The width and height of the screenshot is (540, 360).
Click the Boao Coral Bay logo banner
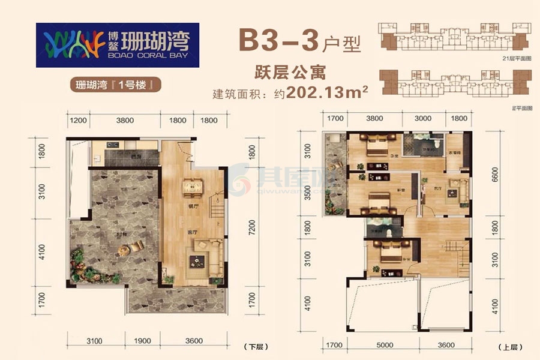(117, 45)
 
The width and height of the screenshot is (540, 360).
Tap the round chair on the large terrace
(138, 245)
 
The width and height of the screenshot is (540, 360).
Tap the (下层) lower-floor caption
(254, 347)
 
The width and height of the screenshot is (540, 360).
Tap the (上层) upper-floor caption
(506, 347)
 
